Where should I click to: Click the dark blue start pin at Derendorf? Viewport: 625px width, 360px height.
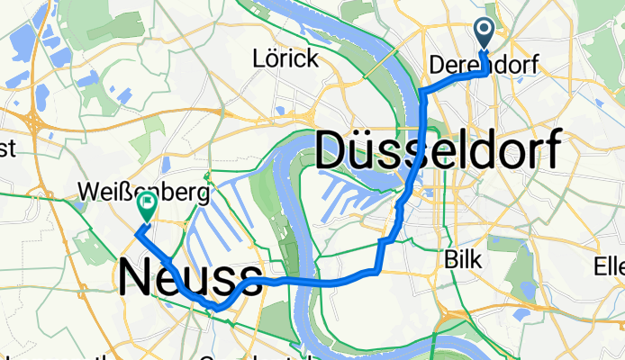coord(484,34)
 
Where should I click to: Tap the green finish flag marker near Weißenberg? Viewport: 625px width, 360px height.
coord(145,209)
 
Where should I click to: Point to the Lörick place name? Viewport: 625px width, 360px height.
coord(285,60)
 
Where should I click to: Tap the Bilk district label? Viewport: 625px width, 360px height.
coord(465,260)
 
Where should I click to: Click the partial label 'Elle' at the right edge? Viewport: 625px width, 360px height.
coord(609,266)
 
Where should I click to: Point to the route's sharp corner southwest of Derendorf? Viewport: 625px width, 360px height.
coord(421,94)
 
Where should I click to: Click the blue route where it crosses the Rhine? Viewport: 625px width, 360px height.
coord(302,282)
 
